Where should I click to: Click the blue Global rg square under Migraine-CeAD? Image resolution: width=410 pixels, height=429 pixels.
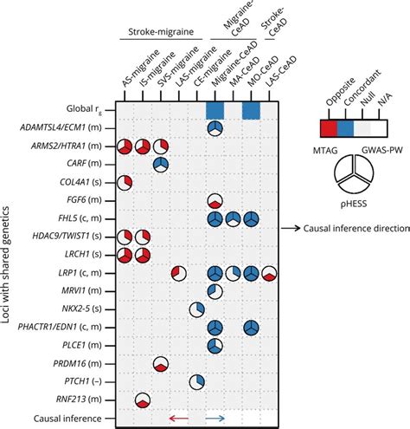click(215, 110)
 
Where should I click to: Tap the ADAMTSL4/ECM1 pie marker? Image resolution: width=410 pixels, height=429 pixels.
click(215, 128)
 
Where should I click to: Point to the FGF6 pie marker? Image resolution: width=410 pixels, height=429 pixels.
click(215, 201)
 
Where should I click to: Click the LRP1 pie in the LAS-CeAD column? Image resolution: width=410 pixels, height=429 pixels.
click(270, 273)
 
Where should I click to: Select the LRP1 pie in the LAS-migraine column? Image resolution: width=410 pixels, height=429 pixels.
click(178, 273)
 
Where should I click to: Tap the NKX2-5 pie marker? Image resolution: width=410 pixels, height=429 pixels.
click(196, 309)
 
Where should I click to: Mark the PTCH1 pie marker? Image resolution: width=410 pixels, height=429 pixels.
click(196, 381)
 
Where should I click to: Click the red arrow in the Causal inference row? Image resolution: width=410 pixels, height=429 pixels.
click(178, 419)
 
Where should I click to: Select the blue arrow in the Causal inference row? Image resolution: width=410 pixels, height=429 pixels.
click(215, 419)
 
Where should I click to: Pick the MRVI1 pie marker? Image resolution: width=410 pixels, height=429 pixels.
click(215, 291)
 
